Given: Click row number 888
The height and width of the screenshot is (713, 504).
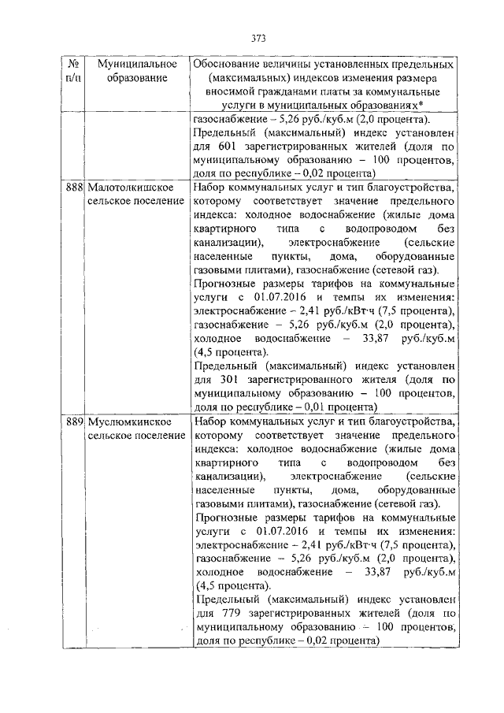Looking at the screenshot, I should coord(74,189).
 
